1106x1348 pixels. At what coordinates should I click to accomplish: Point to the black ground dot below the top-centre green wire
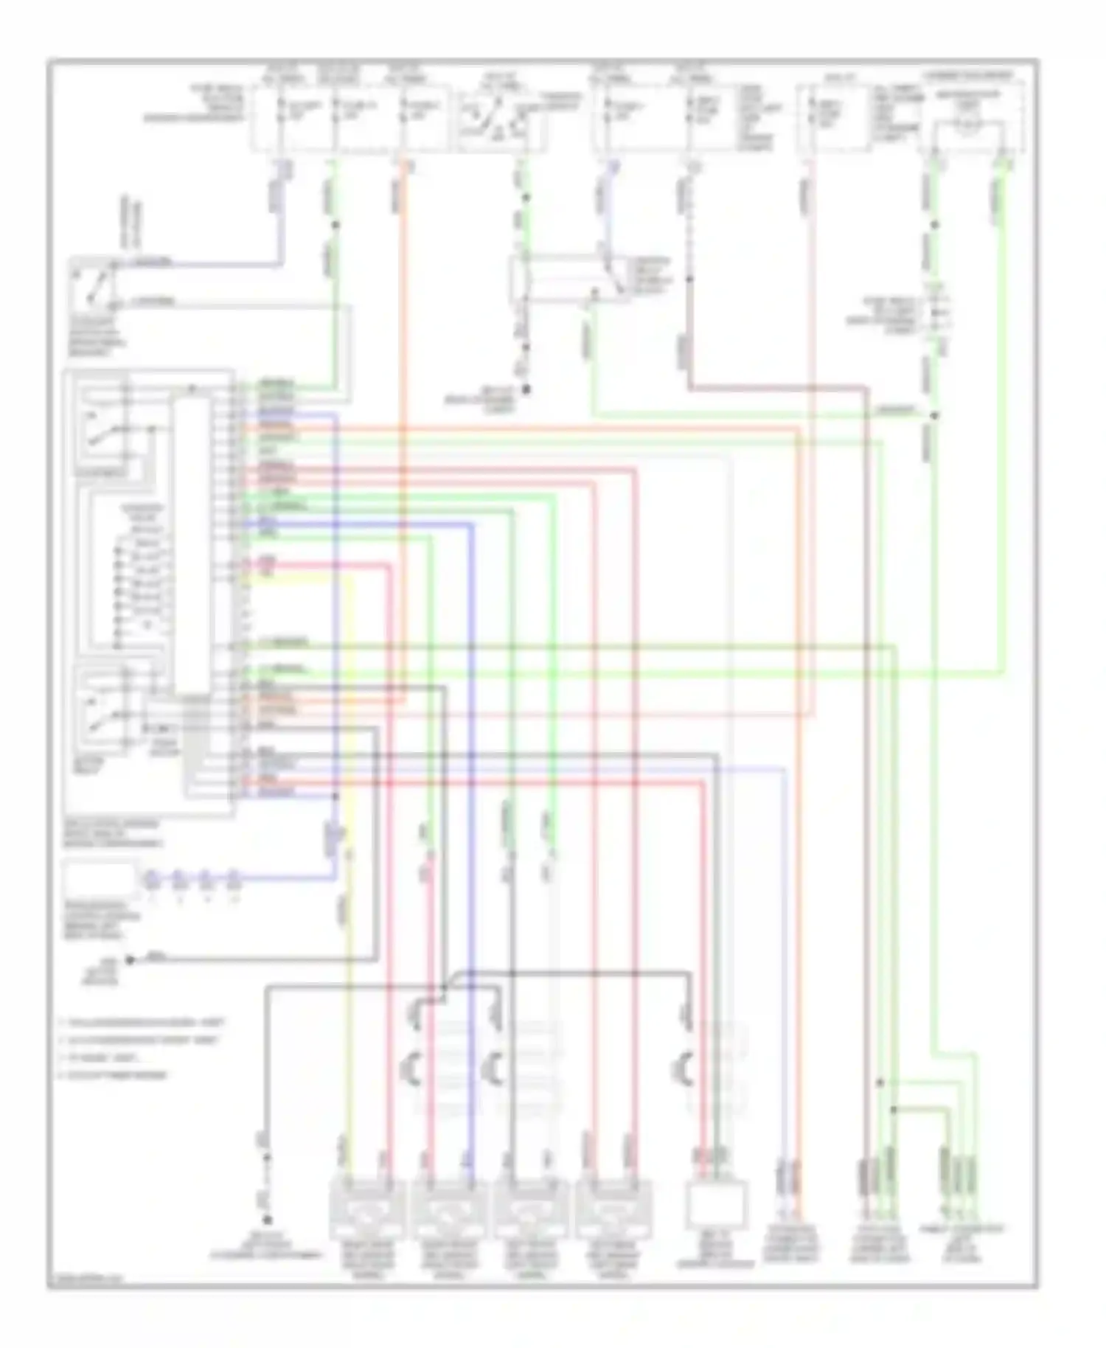tap(526, 389)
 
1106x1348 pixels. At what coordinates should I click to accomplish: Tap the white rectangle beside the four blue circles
tap(100, 879)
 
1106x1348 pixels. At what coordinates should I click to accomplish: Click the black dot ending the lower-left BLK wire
tap(130, 959)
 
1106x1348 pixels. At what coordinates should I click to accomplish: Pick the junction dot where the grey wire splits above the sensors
tap(445, 987)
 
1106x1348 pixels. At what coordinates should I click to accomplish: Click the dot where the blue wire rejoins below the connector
tap(335, 797)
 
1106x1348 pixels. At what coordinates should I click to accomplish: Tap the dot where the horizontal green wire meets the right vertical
tap(934, 415)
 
